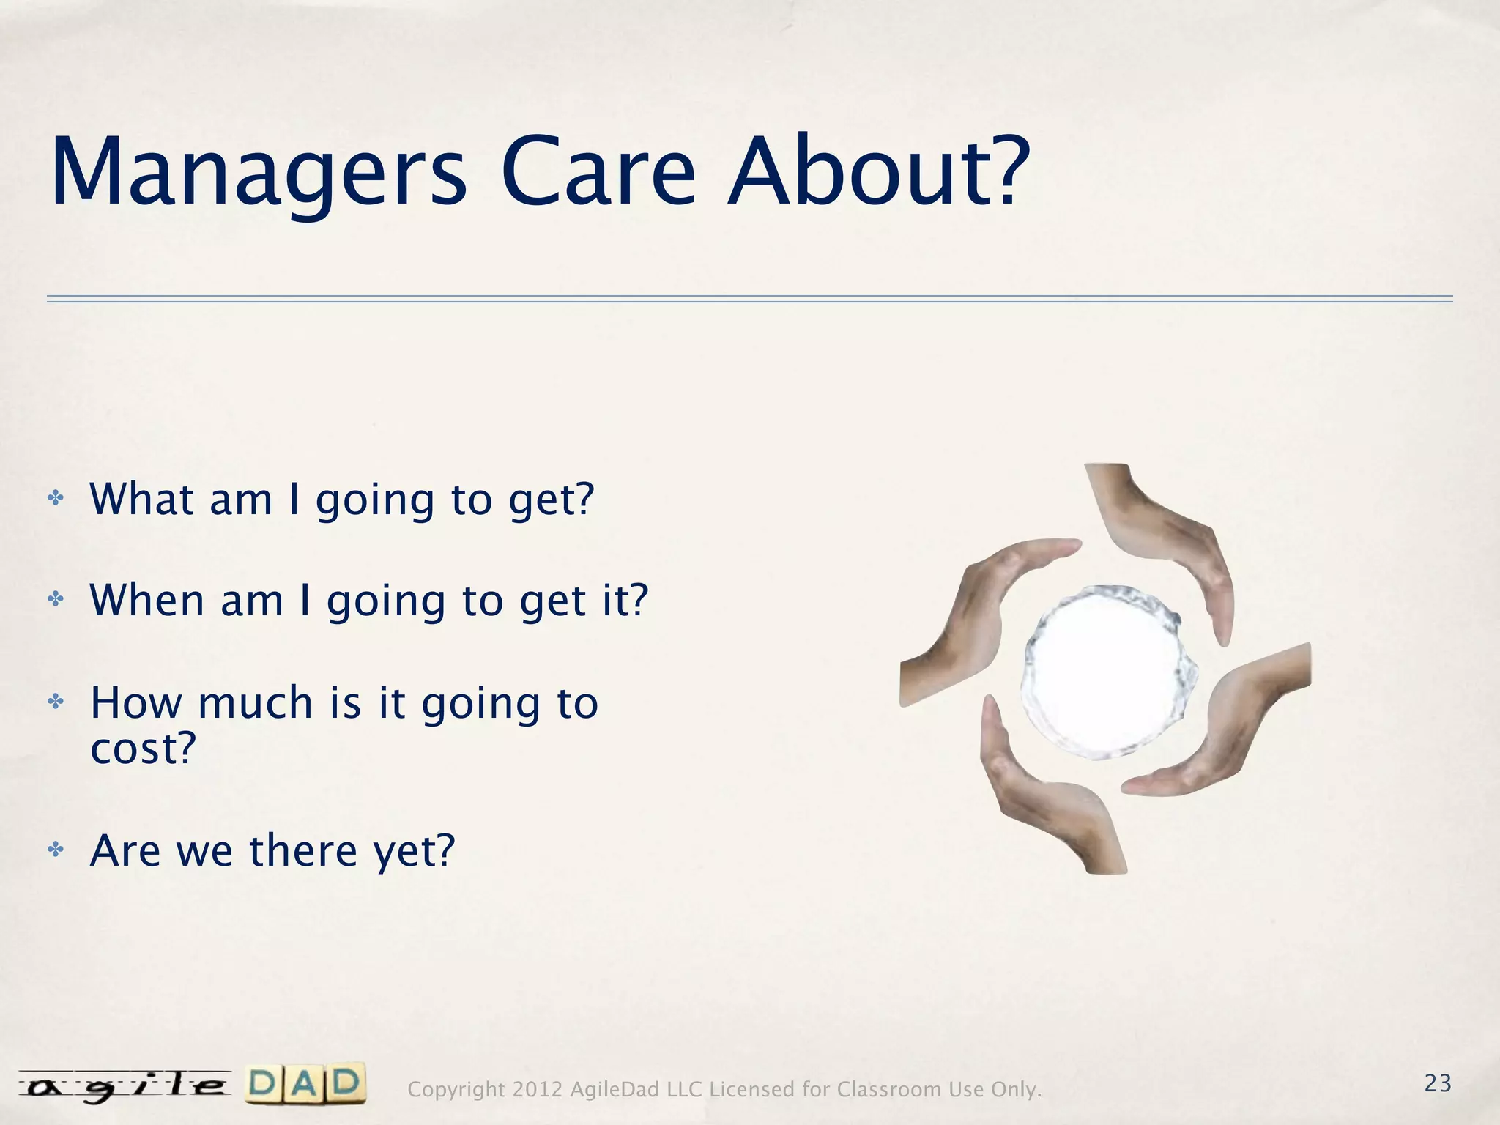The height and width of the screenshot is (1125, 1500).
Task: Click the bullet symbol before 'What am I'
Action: tap(56, 500)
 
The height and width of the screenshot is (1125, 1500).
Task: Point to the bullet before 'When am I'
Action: tap(56, 600)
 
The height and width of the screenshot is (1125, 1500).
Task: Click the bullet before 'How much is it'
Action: tap(56, 702)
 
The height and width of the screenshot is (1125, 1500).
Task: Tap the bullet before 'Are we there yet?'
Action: tap(56, 850)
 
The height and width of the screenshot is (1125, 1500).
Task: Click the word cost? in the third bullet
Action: tap(143, 749)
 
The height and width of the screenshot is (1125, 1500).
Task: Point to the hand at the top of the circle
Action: tap(1165, 542)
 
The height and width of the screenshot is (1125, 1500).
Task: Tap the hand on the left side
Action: tap(974, 623)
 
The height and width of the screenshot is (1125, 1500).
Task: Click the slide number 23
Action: tap(1438, 1083)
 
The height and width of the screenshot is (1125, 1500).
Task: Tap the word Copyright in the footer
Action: tap(456, 1090)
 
